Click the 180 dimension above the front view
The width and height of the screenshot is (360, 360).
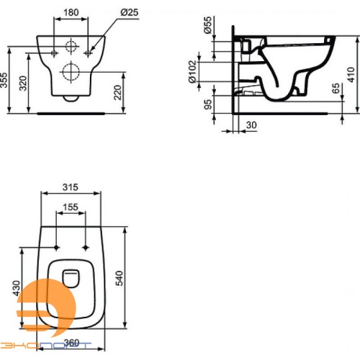pos(70,12)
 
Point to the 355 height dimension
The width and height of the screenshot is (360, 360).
pos(6,80)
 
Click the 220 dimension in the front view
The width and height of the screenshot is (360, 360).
pos(117,91)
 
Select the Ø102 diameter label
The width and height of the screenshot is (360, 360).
pos(192,72)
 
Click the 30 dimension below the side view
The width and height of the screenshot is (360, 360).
pos(251,124)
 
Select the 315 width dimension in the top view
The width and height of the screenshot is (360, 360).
pos(70,187)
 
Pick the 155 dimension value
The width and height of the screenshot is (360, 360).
pos(70,207)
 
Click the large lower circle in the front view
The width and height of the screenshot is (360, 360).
pos(71,71)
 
